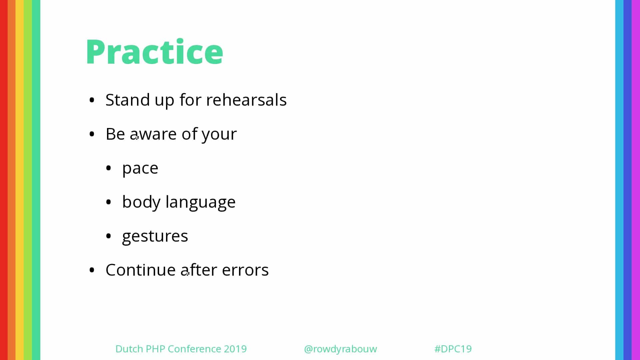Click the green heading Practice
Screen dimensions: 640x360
(154, 52)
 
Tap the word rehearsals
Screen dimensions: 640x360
(246, 100)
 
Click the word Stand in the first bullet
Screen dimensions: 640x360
(128, 100)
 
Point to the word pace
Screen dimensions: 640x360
(140, 169)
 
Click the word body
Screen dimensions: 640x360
(141, 202)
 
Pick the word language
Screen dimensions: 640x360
(201, 202)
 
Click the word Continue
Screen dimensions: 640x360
(141, 270)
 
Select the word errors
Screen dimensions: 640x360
(245, 270)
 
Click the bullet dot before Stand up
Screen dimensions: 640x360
(92, 100)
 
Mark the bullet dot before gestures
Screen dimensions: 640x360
(108, 236)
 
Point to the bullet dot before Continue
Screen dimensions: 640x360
(92, 270)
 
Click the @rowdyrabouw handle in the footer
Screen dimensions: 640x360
(340, 349)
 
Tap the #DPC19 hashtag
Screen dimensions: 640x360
(453, 349)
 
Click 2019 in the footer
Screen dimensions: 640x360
(235, 349)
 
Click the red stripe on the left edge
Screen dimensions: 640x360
(4, 180)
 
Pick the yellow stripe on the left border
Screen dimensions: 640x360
(20, 180)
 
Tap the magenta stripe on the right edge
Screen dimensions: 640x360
(636, 180)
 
